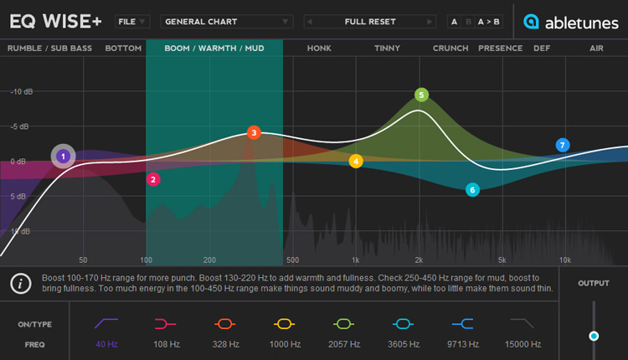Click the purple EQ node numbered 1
click(x=63, y=157)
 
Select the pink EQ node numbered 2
click(x=153, y=179)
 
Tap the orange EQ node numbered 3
click(x=254, y=132)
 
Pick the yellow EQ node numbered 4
click(x=356, y=162)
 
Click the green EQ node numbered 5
click(x=421, y=95)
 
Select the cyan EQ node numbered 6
click(x=472, y=190)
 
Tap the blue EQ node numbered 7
click(x=563, y=145)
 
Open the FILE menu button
click(x=132, y=22)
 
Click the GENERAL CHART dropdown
click(x=227, y=22)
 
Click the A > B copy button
click(x=489, y=22)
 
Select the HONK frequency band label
click(x=319, y=49)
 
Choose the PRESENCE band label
click(x=500, y=49)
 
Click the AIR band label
click(x=596, y=49)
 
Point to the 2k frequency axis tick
click(x=419, y=260)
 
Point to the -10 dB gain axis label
click(x=22, y=92)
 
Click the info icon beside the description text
click(x=20, y=284)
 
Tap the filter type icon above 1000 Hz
click(x=285, y=323)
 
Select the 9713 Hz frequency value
click(x=463, y=344)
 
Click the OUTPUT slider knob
click(x=594, y=336)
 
